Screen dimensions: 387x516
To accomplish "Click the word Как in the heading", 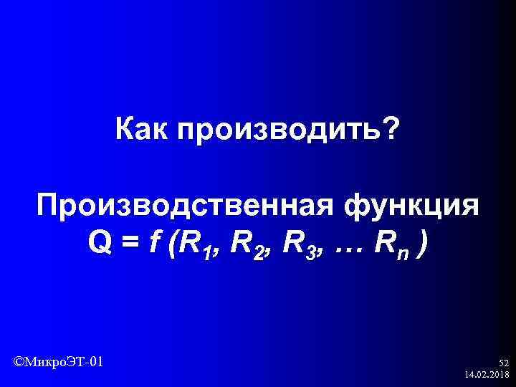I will pos(140,130).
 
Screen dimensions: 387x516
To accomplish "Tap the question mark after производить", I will pos(392,130).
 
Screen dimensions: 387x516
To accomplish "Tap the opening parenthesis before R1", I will pos(170,247).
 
